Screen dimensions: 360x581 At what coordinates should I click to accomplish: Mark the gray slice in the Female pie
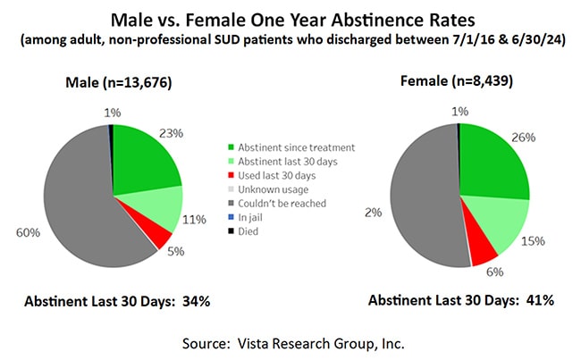point(425,197)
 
